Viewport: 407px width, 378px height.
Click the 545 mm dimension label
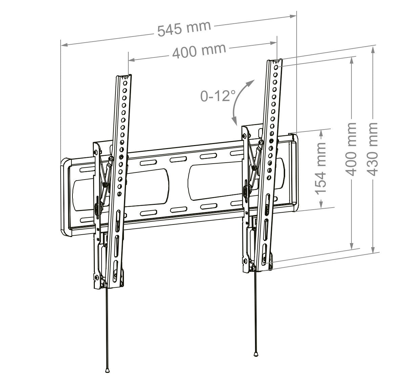click(x=184, y=28)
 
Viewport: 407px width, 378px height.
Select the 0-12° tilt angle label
click(x=218, y=96)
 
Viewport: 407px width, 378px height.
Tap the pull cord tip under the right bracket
click(x=256, y=354)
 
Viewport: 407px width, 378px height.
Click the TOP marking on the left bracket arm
click(x=125, y=77)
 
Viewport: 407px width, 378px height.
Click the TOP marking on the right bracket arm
click(x=276, y=62)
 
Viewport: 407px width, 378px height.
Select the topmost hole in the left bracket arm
click(x=125, y=83)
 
